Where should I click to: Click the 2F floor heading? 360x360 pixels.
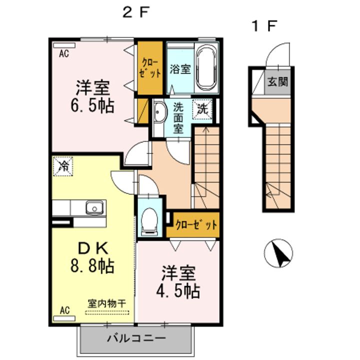136,12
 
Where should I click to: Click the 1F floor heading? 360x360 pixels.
264,26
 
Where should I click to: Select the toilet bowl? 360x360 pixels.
149,222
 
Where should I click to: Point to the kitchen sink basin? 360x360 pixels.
94,207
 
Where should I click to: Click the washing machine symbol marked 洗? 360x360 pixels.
202,109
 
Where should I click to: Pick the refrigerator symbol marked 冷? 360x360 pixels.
63,166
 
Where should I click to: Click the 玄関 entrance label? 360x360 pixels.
278,81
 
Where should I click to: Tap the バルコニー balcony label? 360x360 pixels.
136,338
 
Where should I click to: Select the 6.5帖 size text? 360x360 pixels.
92,105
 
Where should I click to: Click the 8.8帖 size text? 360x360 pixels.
92,265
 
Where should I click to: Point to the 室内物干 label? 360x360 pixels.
107,303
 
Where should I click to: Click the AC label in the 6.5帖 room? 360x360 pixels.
64,53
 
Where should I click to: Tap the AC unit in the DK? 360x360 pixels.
64,318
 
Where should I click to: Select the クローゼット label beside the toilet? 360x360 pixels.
196,225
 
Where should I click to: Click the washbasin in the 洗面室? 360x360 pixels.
159,112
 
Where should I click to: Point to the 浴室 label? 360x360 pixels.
180,69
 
